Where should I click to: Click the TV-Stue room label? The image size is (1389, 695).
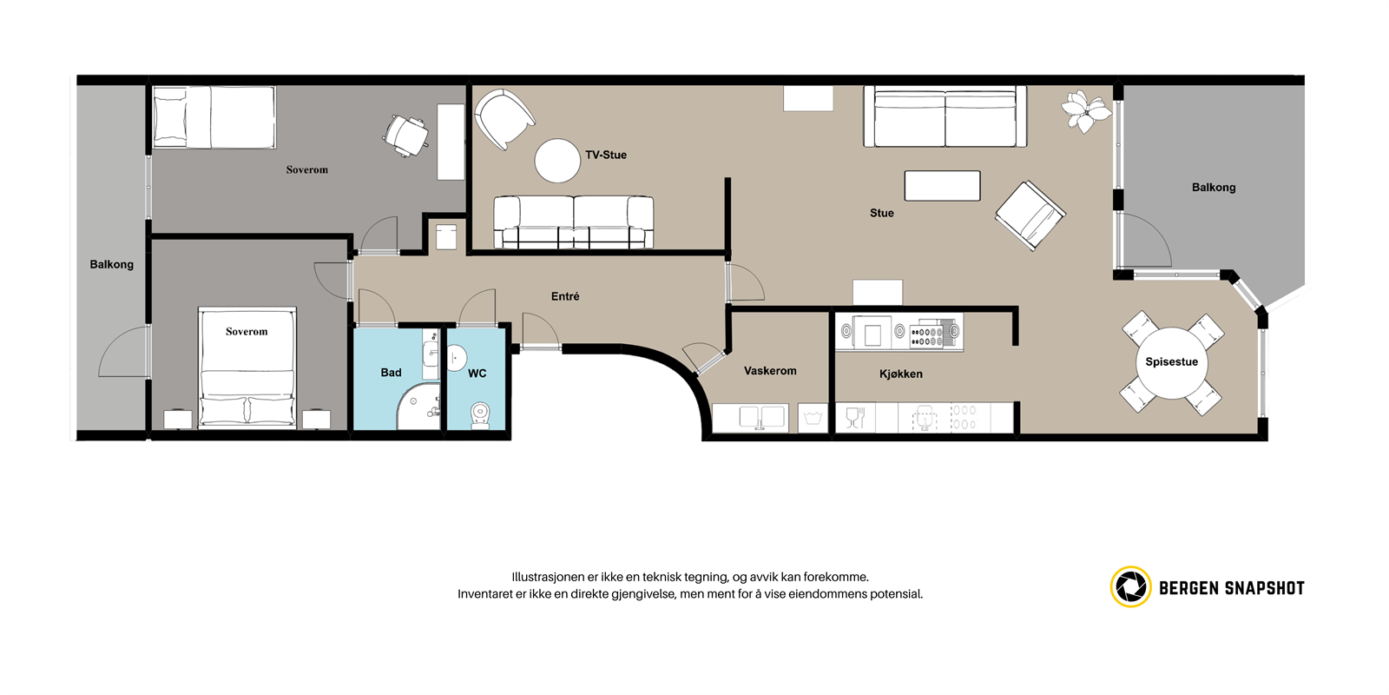click(605, 155)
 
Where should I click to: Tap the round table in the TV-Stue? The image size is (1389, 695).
click(556, 161)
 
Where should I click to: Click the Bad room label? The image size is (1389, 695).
click(391, 373)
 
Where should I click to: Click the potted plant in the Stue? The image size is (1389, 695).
click(1084, 110)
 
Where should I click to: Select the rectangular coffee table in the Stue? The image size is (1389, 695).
click(942, 185)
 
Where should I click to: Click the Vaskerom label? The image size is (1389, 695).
click(769, 371)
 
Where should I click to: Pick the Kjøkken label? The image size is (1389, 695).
click(900, 374)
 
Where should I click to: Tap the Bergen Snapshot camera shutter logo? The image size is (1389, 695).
click(1130, 587)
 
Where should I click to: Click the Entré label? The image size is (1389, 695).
click(565, 296)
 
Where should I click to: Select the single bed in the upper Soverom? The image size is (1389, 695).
click(214, 117)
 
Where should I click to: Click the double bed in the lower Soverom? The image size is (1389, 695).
click(247, 374)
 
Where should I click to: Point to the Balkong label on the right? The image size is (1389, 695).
click(1213, 188)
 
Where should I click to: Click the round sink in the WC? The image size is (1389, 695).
click(455, 357)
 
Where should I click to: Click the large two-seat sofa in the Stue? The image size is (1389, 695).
click(945, 117)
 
